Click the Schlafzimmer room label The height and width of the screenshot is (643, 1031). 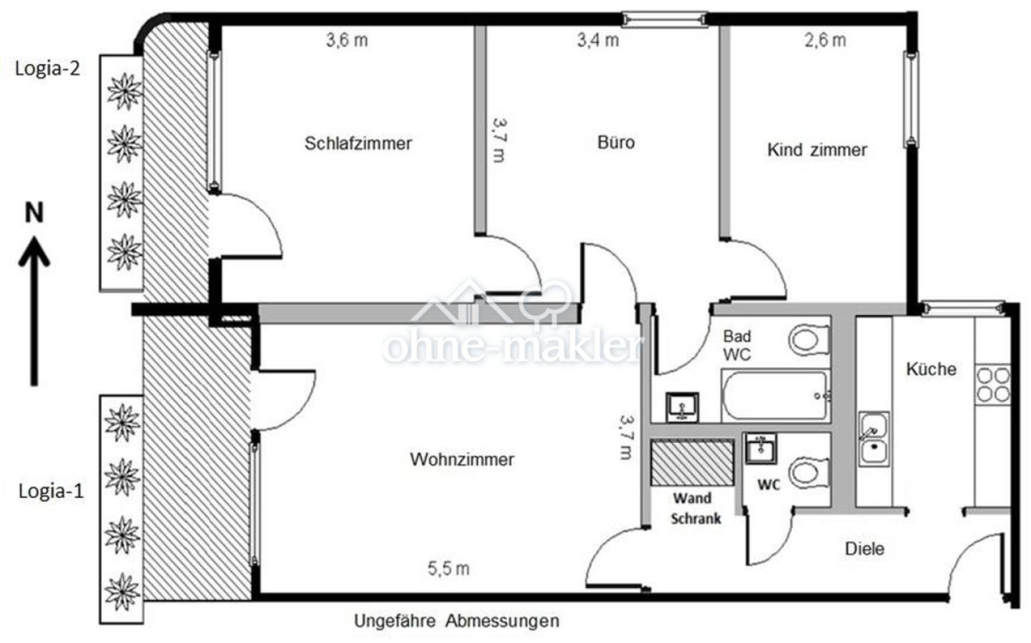358,144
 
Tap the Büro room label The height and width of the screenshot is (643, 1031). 616,142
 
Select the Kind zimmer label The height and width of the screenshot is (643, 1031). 817,150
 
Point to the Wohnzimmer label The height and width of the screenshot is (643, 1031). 462,459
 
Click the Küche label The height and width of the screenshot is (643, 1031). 931,369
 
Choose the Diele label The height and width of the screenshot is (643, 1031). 864,549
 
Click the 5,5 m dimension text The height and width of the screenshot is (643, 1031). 448,569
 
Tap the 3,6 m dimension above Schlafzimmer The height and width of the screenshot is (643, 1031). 347,41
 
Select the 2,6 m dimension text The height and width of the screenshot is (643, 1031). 825,41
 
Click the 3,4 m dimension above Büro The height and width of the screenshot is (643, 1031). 598,41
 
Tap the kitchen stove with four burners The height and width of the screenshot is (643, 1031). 993,384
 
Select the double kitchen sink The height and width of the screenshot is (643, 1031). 873,439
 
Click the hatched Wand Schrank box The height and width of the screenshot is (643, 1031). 692,463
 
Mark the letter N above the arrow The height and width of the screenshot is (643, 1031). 34,213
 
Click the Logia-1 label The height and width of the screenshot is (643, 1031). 51,492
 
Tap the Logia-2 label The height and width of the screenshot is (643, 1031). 47,69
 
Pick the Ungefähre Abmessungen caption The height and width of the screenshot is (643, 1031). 456,621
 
